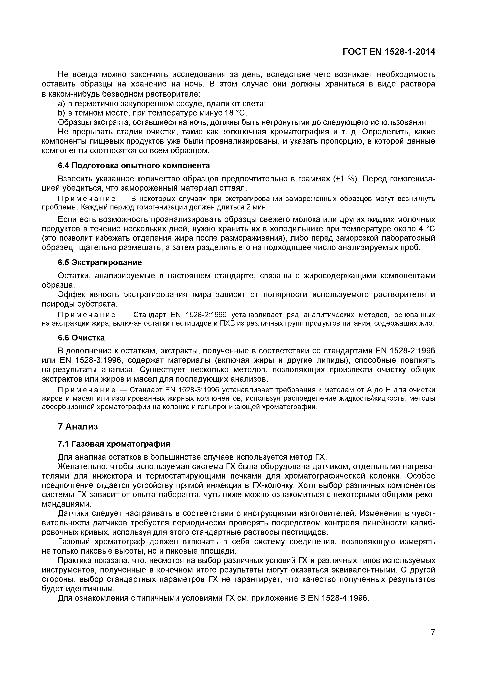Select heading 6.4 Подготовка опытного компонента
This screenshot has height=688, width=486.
pyautogui.click(x=134, y=166)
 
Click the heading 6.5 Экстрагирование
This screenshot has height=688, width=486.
pyautogui.click(x=100, y=262)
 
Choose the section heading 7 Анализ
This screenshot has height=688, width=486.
pyautogui.click(x=78, y=426)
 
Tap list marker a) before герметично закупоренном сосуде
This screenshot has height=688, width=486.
pyautogui.click(x=61, y=104)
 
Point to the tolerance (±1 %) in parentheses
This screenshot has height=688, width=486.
pyautogui.click(x=346, y=179)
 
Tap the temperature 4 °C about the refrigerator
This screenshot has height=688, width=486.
pyautogui.click(x=427, y=229)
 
